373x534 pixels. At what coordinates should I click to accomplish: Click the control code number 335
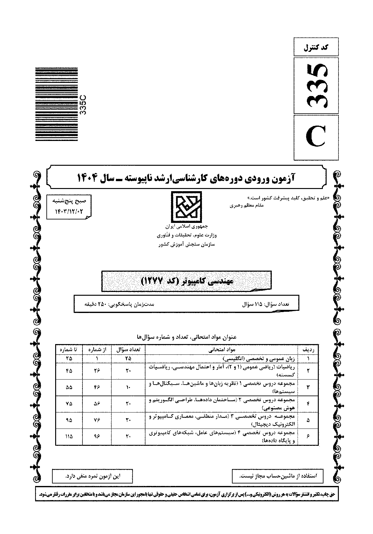tap(316, 85)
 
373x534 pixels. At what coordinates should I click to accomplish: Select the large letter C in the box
tap(316, 138)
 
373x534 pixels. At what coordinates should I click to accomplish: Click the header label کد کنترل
tap(316, 48)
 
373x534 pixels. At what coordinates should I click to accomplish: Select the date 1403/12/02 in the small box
tap(69, 212)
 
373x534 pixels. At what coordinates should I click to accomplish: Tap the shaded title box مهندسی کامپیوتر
tap(187, 280)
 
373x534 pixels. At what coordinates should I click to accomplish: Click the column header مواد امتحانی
tap(222, 349)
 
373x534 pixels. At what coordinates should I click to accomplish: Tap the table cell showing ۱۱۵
tap(69, 436)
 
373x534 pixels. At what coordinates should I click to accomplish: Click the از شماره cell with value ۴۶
tap(96, 387)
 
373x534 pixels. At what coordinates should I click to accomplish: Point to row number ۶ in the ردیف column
tap(308, 436)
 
